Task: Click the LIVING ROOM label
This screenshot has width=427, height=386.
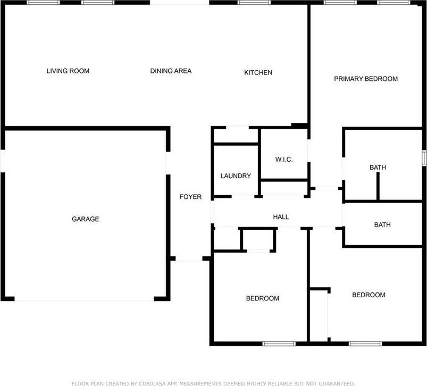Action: (68, 71)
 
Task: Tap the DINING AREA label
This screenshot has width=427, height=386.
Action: (171, 71)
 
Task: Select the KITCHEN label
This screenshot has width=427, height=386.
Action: (258, 72)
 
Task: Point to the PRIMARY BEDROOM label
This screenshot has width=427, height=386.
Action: (366, 79)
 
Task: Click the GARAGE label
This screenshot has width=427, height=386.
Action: (86, 219)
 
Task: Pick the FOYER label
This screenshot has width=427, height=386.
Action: (190, 197)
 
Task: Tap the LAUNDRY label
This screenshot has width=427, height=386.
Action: (236, 176)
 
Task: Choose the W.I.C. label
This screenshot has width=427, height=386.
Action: (284, 160)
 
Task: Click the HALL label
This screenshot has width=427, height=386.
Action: (281, 217)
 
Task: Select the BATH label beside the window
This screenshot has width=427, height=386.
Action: (378, 167)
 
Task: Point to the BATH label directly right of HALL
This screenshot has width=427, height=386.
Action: (382, 225)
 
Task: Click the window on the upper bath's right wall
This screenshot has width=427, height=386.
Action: (424, 158)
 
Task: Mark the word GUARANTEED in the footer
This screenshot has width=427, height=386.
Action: (334, 383)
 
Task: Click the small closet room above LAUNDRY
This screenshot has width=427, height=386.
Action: (236, 136)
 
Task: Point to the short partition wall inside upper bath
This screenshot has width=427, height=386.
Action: (378, 186)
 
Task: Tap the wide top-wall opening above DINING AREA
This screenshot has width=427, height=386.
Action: (179, 3)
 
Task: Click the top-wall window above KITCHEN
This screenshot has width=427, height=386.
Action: (254, 3)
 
